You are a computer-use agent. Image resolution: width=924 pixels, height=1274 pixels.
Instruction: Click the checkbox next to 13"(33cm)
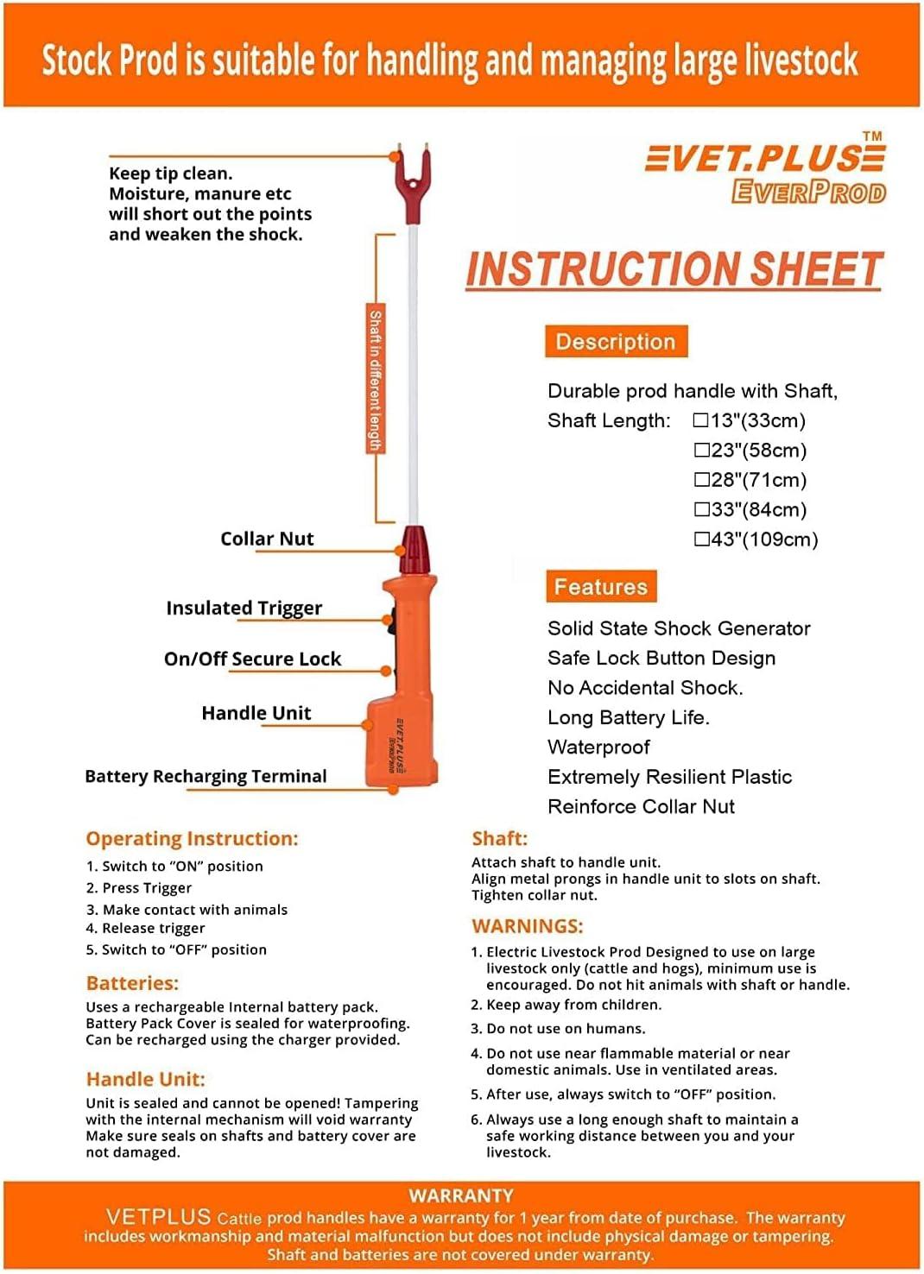(701, 420)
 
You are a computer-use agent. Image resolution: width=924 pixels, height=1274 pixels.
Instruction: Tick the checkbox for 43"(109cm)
(702, 539)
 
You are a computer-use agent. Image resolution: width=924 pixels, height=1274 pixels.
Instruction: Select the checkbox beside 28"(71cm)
(702, 480)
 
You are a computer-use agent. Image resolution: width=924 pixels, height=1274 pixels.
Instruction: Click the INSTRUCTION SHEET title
(674, 269)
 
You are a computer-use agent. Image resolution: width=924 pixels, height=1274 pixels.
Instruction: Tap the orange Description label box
(616, 342)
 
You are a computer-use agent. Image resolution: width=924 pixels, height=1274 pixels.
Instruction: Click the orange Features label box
(601, 587)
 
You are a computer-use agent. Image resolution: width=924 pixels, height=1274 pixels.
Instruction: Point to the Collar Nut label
(267, 539)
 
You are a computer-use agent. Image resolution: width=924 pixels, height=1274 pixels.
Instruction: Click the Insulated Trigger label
(244, 609)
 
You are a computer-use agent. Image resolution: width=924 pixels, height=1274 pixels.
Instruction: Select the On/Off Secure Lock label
(252, 659)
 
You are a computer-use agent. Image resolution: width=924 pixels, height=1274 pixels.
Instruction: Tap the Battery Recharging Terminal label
(206, 777)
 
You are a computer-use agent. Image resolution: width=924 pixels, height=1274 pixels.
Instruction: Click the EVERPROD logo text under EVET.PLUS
(808, 192)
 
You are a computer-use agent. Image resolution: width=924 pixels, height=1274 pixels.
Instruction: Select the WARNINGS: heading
(527, 926)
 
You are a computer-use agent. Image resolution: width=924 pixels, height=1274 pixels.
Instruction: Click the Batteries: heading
(132, 983)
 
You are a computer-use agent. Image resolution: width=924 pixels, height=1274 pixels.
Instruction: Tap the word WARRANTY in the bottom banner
(461, 1196)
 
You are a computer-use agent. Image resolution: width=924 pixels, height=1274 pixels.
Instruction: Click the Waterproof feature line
(598, 747)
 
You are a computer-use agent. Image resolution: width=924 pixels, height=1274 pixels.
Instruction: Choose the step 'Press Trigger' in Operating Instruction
(147, 888)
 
